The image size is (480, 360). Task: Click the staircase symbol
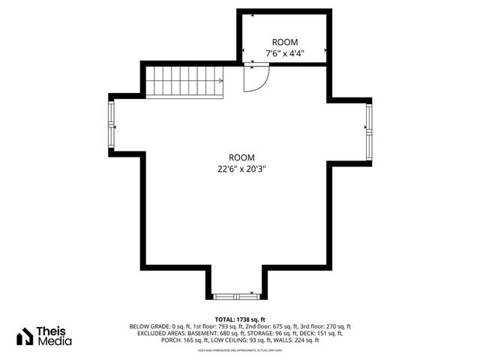pos(184,80)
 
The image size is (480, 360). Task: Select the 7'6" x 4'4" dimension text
pos(284,53)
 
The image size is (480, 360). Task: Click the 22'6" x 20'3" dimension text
pos(238,169)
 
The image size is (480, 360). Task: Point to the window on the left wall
pos(112,125)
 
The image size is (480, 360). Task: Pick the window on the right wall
pos(368,131)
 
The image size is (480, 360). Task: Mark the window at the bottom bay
pos(236,295)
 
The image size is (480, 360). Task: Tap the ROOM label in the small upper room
pos(284,43)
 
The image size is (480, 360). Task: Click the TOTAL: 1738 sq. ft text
pos(240,319)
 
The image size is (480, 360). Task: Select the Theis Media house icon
pos(25,336)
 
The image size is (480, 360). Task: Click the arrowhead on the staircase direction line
pos(221,80)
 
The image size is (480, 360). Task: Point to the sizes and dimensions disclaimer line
pos(240,349)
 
